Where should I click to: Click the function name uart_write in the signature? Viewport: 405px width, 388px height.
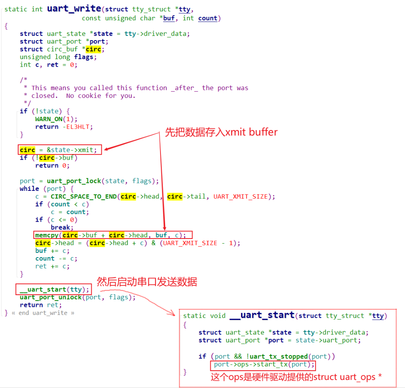73,9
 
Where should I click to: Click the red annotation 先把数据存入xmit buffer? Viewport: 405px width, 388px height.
221,132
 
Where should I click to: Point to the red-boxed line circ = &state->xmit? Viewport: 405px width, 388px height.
60,150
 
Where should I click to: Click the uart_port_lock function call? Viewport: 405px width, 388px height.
74,181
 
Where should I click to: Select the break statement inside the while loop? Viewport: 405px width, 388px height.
60,227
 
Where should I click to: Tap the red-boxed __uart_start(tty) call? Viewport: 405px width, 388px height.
54,289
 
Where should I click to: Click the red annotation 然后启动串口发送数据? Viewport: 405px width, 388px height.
147,282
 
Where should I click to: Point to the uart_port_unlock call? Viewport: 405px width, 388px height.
51,297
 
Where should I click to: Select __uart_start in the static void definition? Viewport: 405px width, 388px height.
261,315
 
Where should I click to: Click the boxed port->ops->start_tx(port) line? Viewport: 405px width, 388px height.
264,364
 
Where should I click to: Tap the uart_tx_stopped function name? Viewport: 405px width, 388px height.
282,356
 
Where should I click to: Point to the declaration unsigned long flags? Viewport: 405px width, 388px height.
58,57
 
